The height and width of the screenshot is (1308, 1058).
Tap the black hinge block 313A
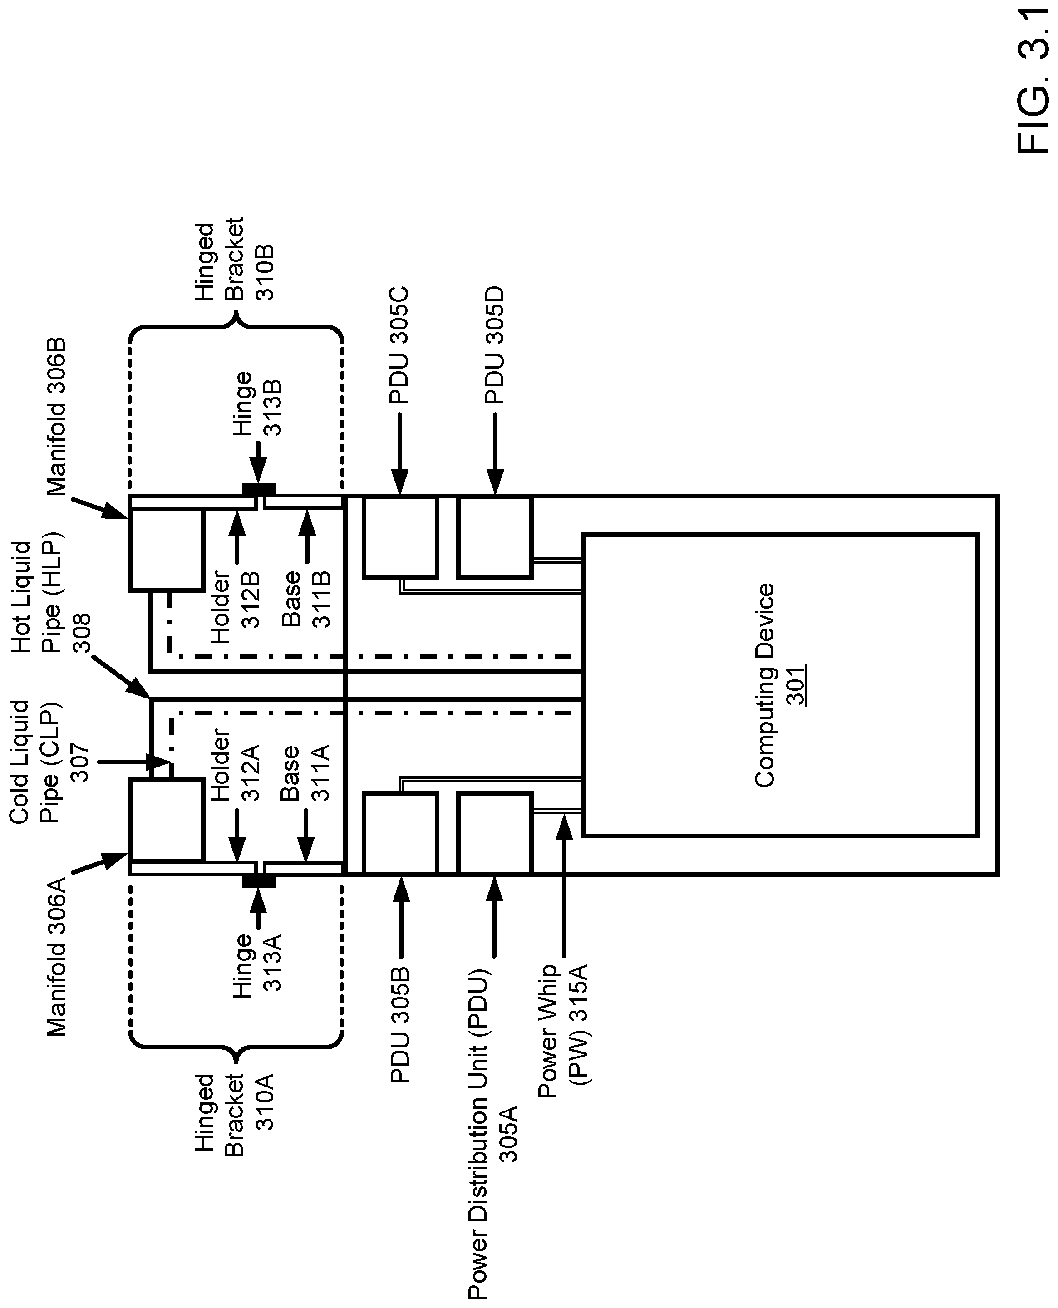(x=259, y=881)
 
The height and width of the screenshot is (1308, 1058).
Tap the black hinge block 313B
(x=259, y=489)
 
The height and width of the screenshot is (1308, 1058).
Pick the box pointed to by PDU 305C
(x=400, y=537)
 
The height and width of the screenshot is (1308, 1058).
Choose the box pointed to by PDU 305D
(x=495, y=537)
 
